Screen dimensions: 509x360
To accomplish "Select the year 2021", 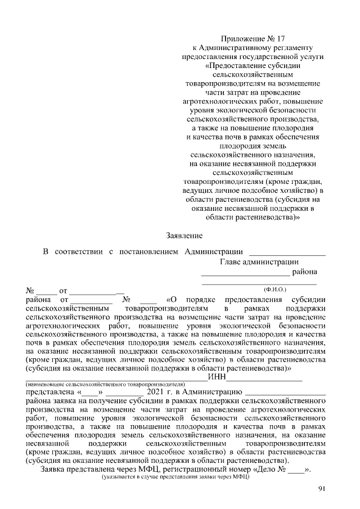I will click(156, 391).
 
